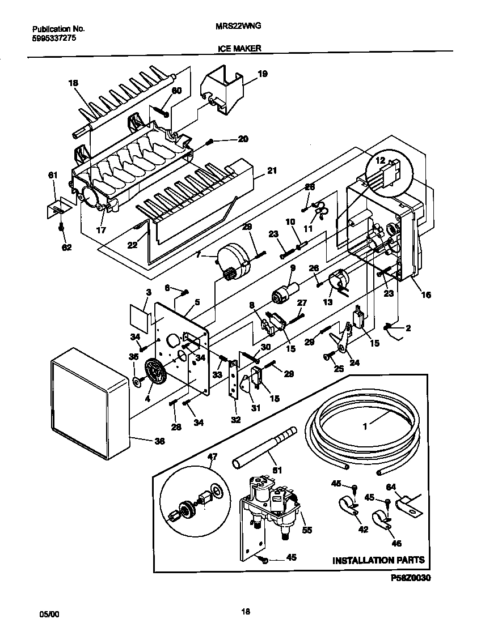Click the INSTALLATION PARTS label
[378, 560]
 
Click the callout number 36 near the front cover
[159, 441]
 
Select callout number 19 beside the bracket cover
[262, 74]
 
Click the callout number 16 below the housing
[426, 295]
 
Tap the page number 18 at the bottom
[245, 611]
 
